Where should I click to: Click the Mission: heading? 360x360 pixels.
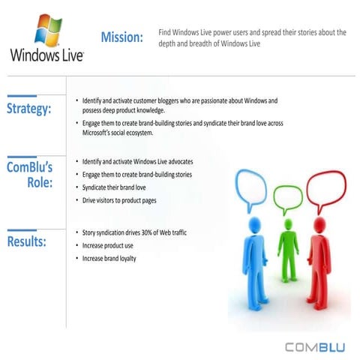[121, 37]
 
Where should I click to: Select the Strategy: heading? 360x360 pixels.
[29, 109]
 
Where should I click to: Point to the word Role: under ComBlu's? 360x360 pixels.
[37, 182]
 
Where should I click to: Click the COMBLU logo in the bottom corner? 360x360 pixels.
[315, 346]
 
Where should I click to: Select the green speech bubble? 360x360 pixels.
[287, 198]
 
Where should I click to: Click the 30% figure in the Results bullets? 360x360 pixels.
[148, 232]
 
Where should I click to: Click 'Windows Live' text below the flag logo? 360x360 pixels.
[46, 55]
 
